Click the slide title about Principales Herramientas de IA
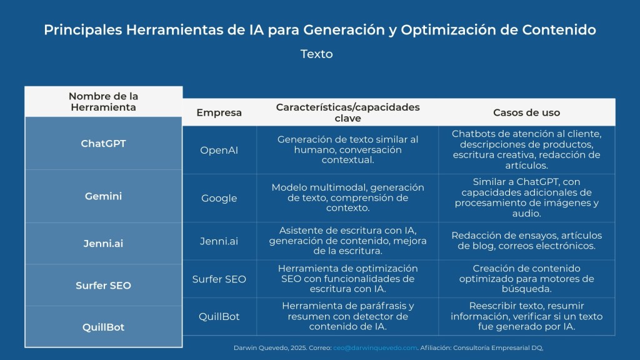(x=320, y=30)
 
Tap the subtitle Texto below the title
(x=317, y=54)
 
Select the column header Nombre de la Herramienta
(x=103, y=102)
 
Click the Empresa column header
(x=219, y=112)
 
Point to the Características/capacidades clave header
(x=347, y=112)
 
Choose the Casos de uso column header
(x=526, y=112)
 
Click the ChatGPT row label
(x=103, y=144)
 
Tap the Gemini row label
(x=103, y=196)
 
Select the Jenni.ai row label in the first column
(x=103, y=244)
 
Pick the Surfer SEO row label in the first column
(x=103, y=285)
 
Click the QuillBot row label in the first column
(x=103, y=327)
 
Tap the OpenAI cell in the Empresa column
(x=219, y=150)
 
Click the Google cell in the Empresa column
(x=219, y=198)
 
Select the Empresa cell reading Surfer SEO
(x=219, y=279)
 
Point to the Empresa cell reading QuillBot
(x=219, y=316)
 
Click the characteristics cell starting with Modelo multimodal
(x=347, y=197)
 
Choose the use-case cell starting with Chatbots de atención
(x=526, y=149)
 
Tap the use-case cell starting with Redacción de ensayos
(x=526, y=241)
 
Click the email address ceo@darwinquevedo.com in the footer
(x=375, y=347)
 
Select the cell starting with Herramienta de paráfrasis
(x=347, y=316)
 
